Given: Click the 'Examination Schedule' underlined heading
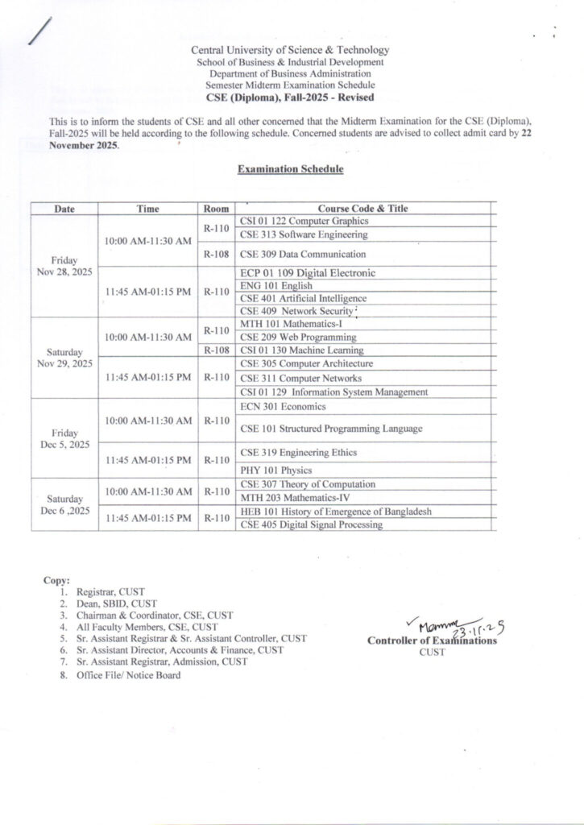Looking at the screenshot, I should (291, 170).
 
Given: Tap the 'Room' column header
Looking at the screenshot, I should (217, 209).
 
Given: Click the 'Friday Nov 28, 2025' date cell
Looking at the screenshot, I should (64, 267).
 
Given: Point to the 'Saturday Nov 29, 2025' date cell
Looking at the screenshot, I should (64, 358).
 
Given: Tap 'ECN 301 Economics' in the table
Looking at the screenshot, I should (279, 406).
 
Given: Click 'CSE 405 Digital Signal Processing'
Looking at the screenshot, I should (311, 525).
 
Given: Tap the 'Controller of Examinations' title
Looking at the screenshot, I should (432, 641).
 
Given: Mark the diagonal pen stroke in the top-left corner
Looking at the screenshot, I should (37, 31).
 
